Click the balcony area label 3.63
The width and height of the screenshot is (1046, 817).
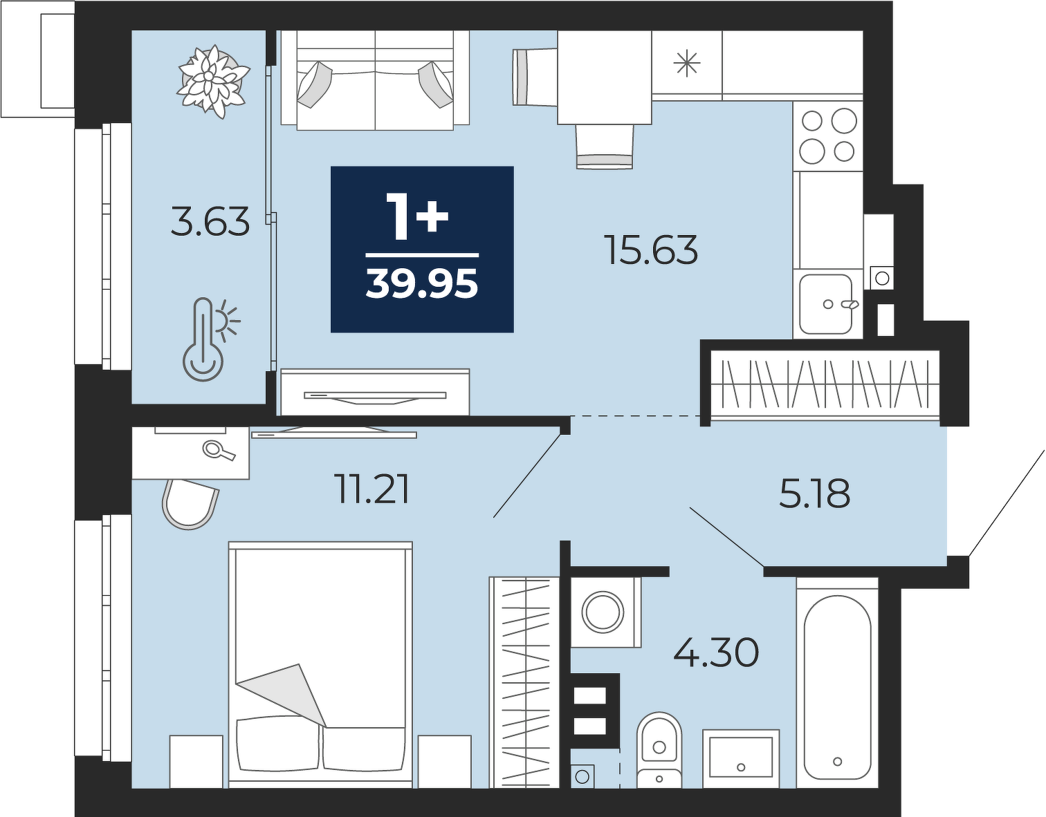210,221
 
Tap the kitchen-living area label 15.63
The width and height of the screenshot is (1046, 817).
653,250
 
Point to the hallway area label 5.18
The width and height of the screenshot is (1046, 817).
814,494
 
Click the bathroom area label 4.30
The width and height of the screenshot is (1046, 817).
716,653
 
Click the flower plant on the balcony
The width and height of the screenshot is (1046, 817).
212,82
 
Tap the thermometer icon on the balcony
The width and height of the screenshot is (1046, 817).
210,339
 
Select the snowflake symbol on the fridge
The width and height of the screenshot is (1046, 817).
686,64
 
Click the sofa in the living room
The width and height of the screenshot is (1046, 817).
375,80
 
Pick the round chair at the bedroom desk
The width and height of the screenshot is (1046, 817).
190,503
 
